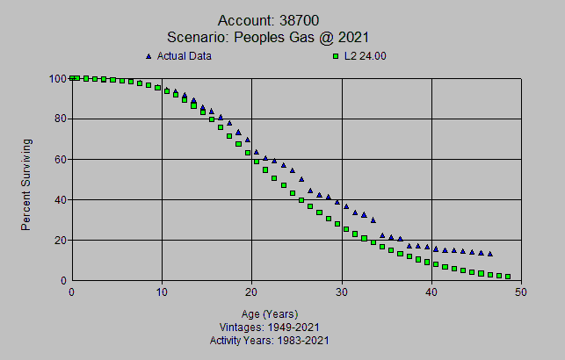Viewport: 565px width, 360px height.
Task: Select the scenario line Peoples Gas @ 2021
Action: pos(268,37)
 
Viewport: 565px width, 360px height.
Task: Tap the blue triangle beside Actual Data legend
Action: pos(148,56)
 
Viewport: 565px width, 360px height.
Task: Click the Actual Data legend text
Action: pos(185,56)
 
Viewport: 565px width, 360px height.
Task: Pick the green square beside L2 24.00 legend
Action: pos(335,56)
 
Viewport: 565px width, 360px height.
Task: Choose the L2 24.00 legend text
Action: pos(368,56)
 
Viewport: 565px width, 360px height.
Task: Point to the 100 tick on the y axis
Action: pos(59,78)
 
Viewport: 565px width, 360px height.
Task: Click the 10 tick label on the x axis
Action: pos(162,292)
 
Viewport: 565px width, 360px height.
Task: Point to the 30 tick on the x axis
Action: pos(342,292)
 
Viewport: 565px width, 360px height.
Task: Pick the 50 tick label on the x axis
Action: pos(521,292)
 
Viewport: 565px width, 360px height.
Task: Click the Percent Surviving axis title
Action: pos(26,184)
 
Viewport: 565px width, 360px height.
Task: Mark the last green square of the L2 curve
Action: pos(507,277)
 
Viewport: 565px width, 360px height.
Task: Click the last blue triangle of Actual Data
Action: pos(489,254)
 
